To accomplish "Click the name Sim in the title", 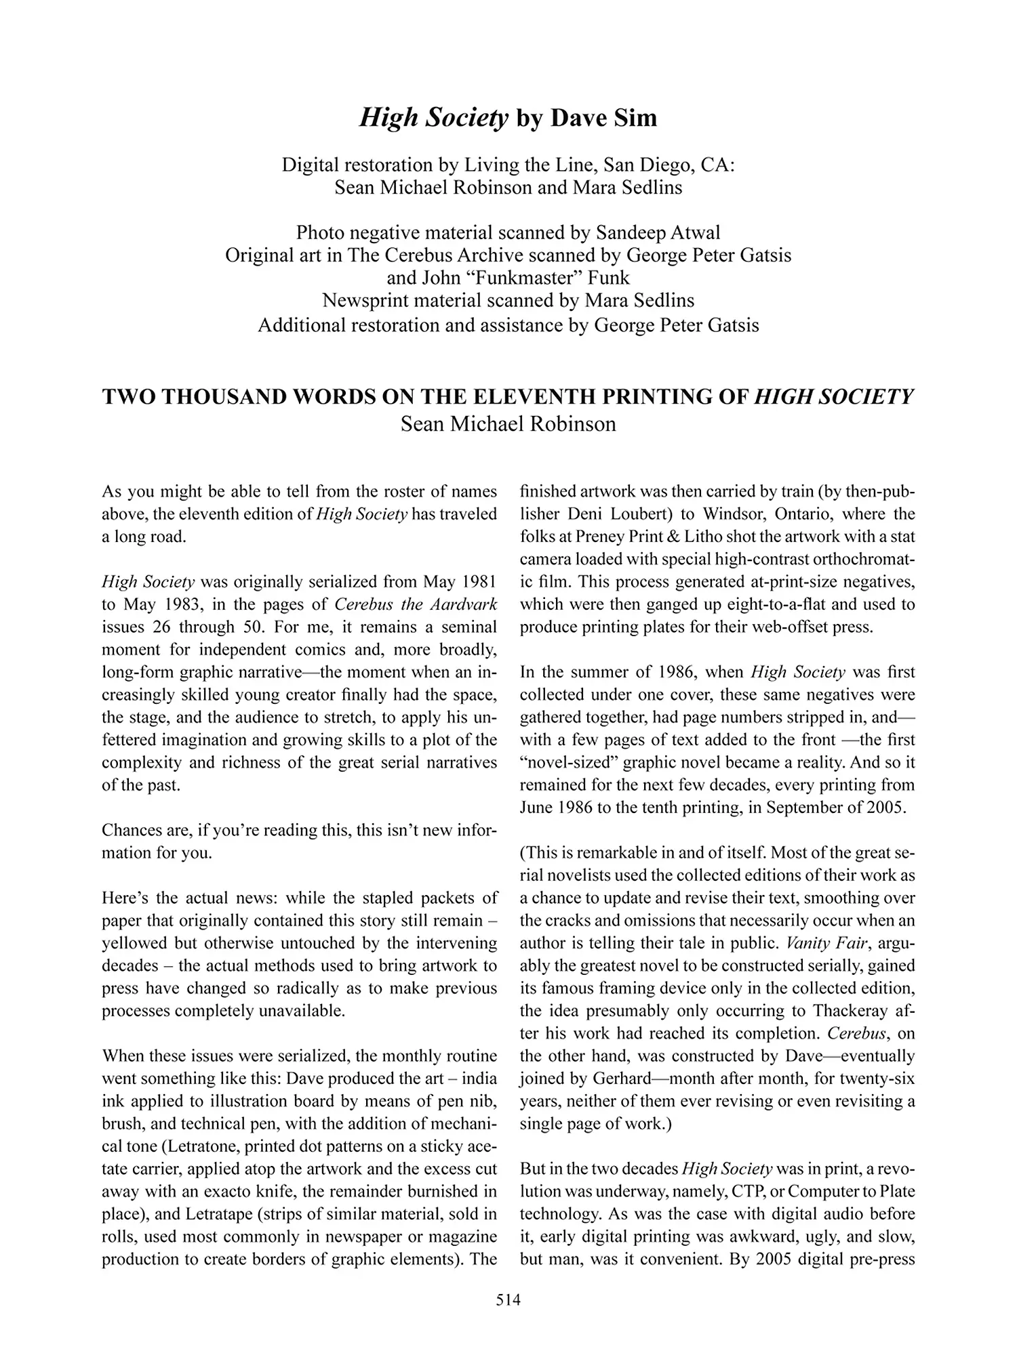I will (x=637, y=118).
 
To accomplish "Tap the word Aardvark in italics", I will (x=464, y=604).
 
